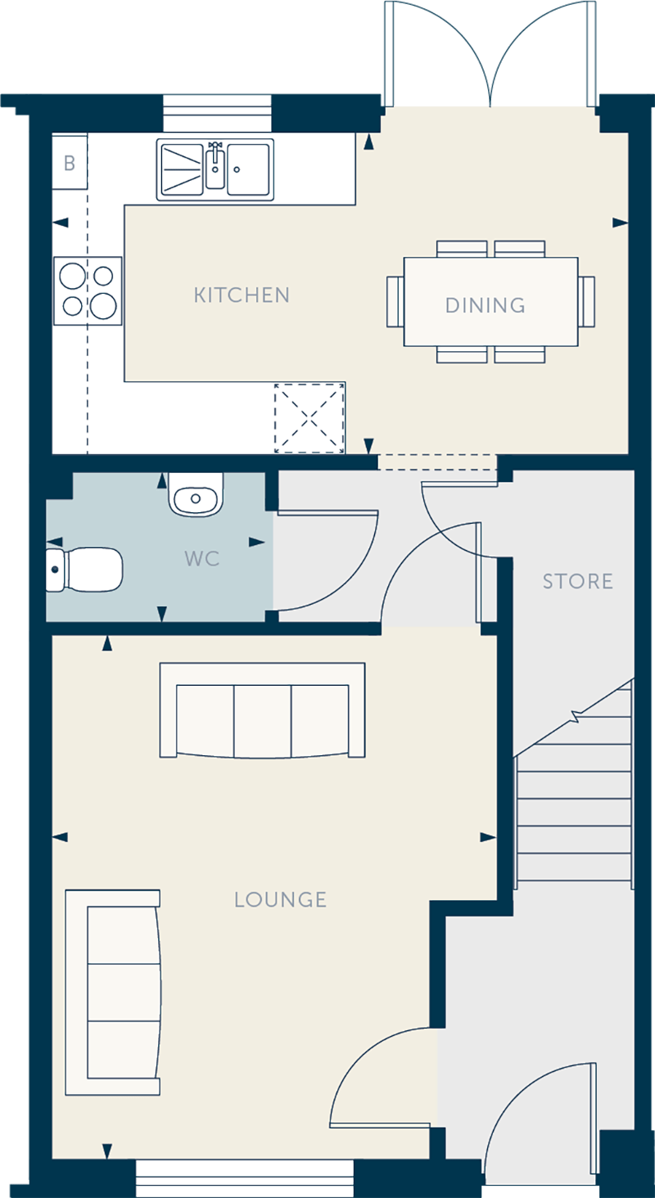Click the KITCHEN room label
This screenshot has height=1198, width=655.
click(x=242, y=295)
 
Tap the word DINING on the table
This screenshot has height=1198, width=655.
click(x=486, y=305)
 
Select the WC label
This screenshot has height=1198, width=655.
click(x=201, y=559)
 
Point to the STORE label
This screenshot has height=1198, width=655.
click(x=577, y=581)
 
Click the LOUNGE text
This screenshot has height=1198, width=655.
click(x=280, y=899)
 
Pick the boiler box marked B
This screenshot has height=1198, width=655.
click(x=70, y=162)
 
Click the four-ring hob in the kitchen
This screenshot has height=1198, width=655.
click(x=88, y=291)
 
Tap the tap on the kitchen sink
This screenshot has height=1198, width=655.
click(x=215, y=155)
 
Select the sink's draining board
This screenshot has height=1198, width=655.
click(x=181, y=169)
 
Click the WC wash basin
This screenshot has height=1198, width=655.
click(x=196, y=495)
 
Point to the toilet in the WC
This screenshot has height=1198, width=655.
click(x=84, y=570)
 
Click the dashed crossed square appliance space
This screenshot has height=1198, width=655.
click(x=309, y=418)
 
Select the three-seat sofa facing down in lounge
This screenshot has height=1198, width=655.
click(x=262, y=710)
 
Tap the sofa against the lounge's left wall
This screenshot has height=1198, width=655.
click(x=113, y=992)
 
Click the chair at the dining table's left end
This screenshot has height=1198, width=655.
click(x=395, y=302)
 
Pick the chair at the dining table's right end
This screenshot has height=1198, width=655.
click(x=586, y=302)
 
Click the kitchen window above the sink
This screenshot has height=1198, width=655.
click(x=217, y=113)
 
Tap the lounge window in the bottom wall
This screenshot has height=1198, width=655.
click(x=245, y=1178)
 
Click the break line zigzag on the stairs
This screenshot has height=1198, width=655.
click(x=576, y=715)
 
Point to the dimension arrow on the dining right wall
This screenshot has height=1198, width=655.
click(x=621, y=223)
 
